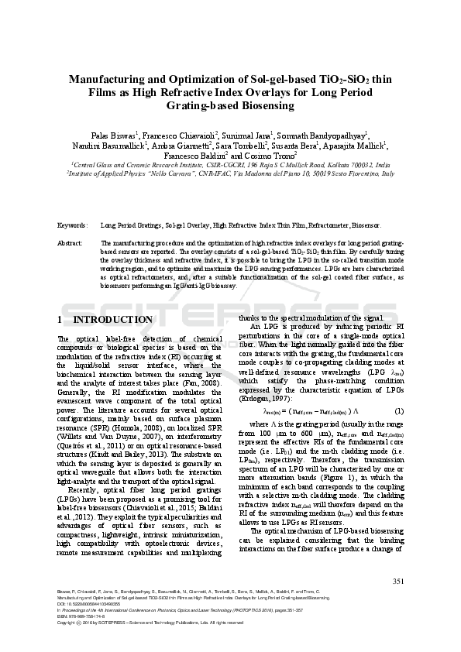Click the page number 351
tap(399, 582)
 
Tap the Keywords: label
tap(73, 225)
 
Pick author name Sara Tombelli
tap(242, 145)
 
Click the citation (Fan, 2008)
tap(209, 383)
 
